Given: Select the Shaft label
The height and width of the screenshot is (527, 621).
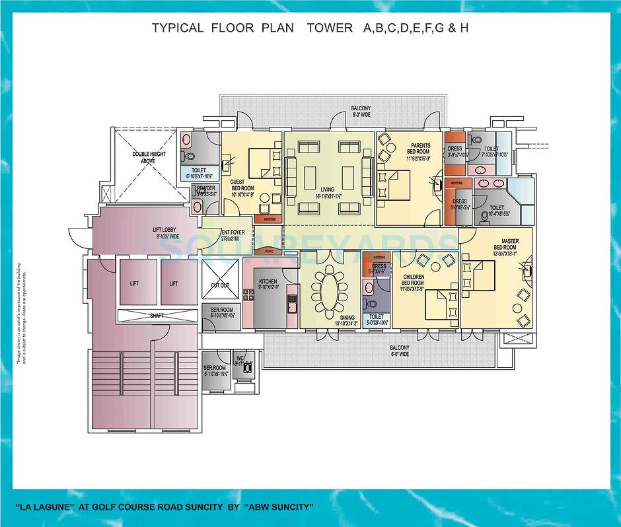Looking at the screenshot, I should click(x=157, y=316).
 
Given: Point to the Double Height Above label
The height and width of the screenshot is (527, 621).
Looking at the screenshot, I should click(x=149, y=157).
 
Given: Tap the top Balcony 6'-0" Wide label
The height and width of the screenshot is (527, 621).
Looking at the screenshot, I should click(x=361, y=111).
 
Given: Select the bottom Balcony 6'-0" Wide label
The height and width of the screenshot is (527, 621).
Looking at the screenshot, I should click(x=399, y=351).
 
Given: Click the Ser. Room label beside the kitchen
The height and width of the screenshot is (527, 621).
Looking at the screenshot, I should click(x=220, y=312).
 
